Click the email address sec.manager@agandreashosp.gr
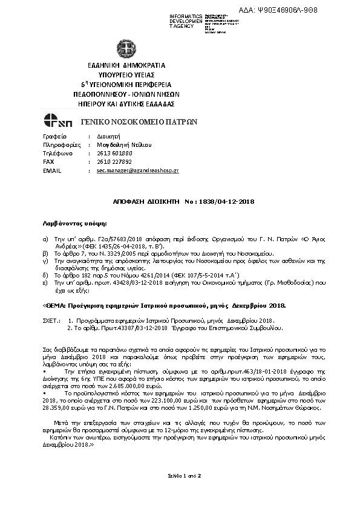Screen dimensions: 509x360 point(137,171)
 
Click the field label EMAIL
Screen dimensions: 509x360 point(53,171)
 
